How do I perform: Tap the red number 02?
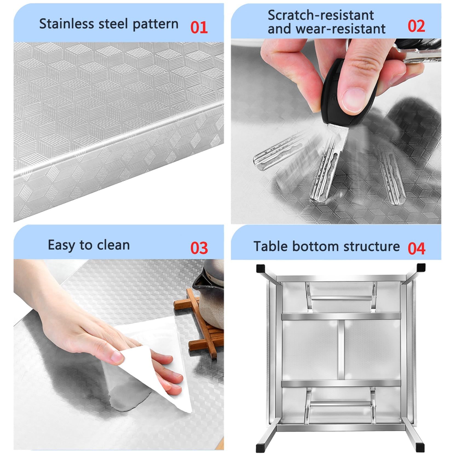tap(416, 26)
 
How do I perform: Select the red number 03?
tap(199, 248)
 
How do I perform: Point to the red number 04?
tap(416, 249)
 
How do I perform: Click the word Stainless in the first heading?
tap(67, 24)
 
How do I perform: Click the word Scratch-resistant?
tap(321, 15)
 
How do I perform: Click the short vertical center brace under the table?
tap(341, 349)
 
